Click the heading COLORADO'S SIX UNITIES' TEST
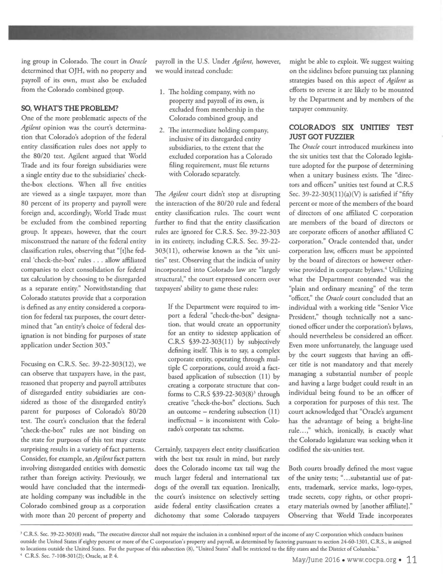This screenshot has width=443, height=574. tap(351, 127)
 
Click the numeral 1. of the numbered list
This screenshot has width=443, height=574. tap(162, 92)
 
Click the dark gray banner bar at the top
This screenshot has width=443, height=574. tap(210, 33)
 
